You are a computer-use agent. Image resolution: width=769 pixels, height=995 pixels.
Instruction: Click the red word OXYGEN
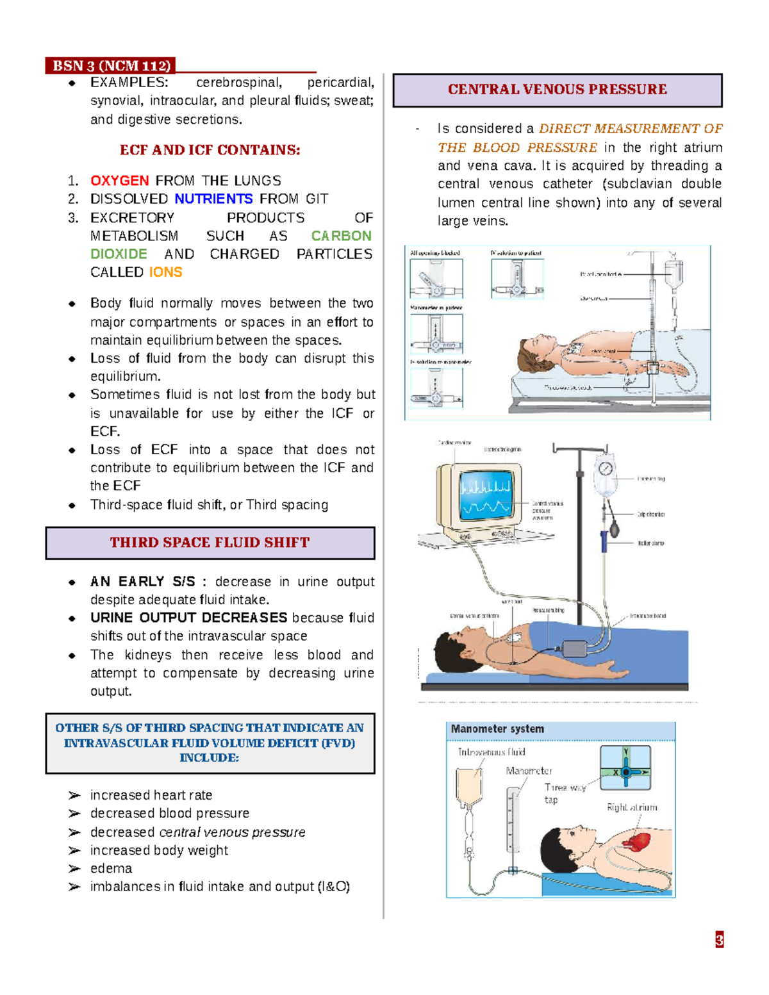119,181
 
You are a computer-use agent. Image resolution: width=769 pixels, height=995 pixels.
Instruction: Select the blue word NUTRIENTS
213,199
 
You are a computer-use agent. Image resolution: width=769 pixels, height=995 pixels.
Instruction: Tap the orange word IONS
165,272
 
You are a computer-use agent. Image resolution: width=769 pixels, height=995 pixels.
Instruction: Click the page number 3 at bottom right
719,940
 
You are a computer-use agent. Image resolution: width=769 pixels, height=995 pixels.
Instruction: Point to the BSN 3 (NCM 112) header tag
111,66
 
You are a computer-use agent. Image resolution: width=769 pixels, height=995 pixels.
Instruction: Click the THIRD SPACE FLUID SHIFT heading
210,543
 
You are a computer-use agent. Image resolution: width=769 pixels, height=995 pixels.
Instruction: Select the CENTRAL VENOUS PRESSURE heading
557,90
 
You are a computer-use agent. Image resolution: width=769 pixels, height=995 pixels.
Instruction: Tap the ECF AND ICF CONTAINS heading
210,150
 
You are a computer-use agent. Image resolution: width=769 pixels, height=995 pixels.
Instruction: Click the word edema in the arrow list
111,869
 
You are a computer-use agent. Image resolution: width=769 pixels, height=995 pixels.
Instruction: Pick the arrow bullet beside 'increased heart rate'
74,795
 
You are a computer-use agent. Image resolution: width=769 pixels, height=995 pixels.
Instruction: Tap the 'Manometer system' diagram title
497,729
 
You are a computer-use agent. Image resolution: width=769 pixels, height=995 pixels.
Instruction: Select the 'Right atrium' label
632,807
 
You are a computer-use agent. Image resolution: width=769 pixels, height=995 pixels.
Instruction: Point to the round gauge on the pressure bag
606,468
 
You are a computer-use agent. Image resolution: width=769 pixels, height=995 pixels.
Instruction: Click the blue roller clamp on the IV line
604,541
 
